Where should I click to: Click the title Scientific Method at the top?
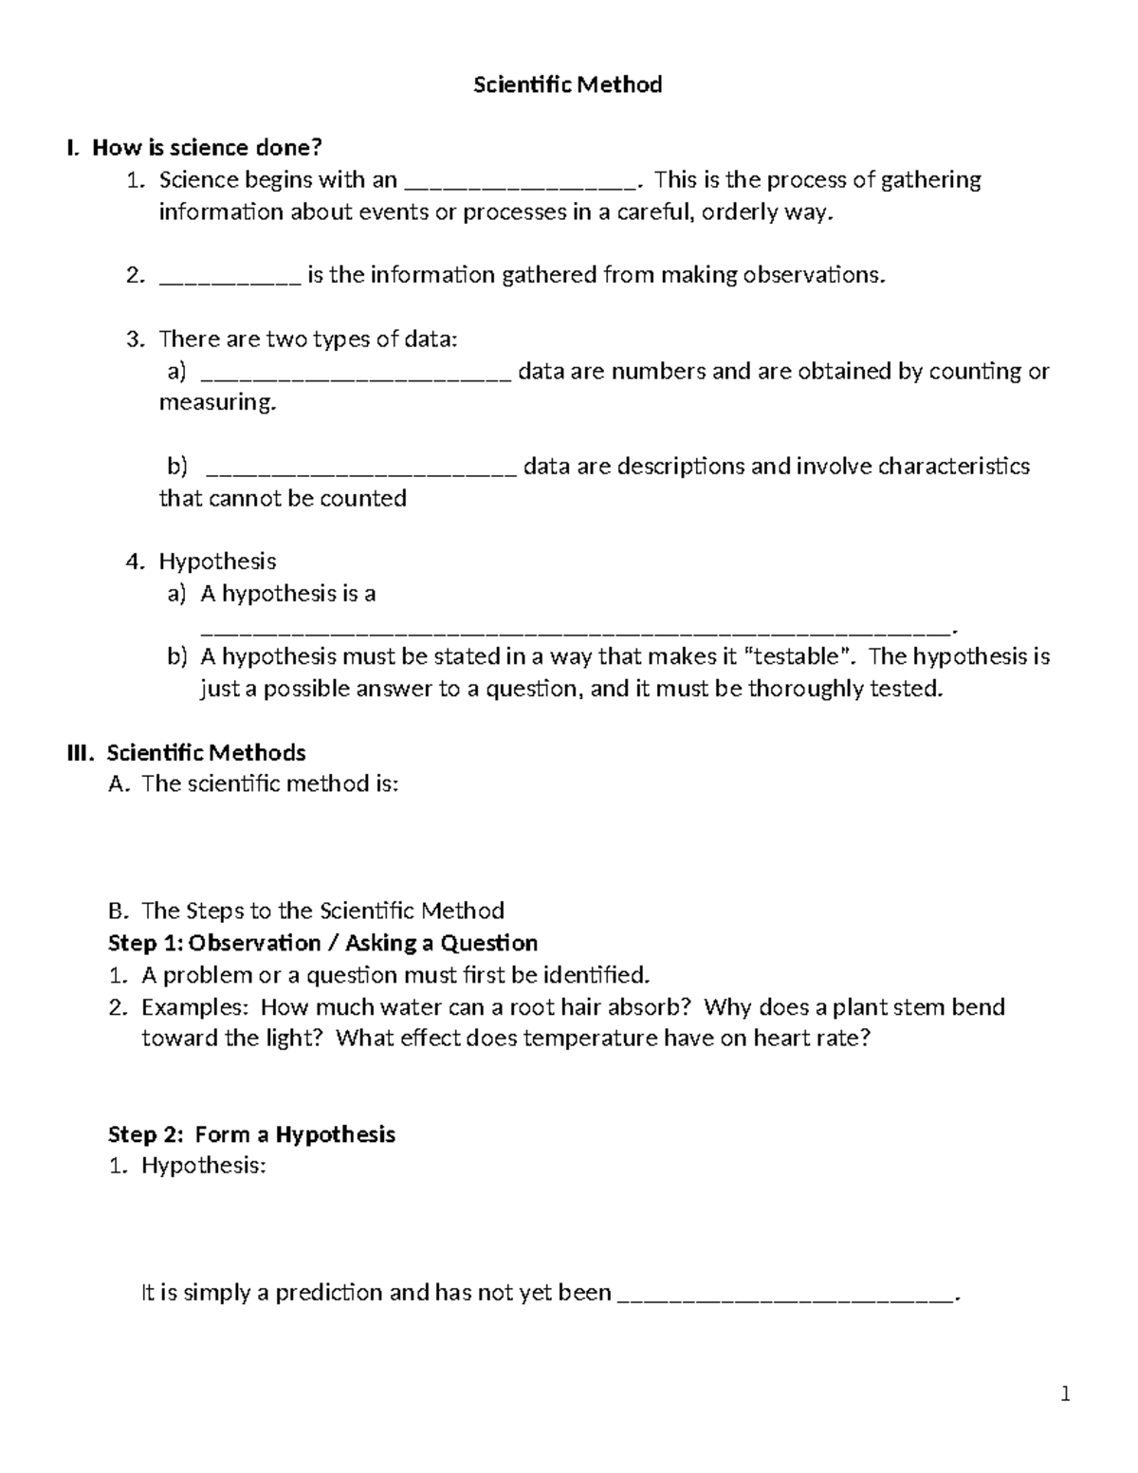coord(567,85)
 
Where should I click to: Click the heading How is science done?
coord(207,148)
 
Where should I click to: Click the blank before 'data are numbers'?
coord(358,375)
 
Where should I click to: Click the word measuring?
coord(217,403)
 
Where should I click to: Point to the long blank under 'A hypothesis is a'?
coord(575,628)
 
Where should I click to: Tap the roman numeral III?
coord(83,753)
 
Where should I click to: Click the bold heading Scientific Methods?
coord(206,753)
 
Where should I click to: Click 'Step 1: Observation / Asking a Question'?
coord(323,943)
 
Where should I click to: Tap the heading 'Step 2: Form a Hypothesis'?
coord(251,1134)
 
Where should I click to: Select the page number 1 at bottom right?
coord(1066,1394)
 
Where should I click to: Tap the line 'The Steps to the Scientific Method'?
coord(322,911)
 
